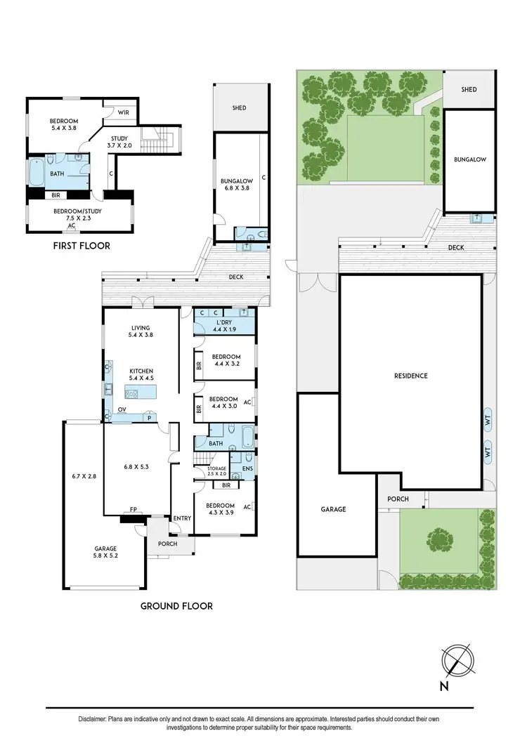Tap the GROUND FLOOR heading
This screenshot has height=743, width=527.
tap(176, 605)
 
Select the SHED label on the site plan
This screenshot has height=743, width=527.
tap(469, 89)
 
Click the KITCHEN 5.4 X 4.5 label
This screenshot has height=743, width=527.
tap(141, 374)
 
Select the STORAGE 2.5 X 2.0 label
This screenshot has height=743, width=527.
tap(216, 471)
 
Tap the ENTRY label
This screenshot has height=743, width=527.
tap(182, 518)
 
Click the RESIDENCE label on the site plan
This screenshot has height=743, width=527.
tap(410, 376)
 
